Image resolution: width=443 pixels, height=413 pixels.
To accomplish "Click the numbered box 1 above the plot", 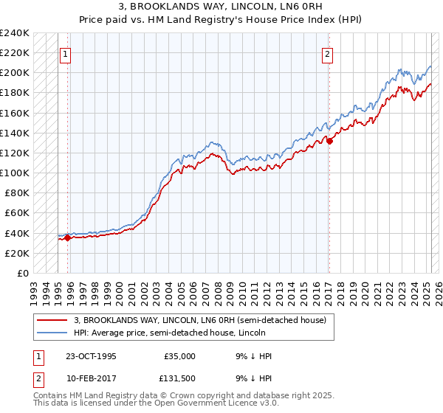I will point(65,53).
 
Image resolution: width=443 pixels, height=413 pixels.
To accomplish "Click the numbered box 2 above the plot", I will point(326,53).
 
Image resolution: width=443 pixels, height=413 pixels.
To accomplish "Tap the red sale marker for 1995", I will point(67,237).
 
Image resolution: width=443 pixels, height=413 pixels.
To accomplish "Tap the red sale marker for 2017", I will point(329,142).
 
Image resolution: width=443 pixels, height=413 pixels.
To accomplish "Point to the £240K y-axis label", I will point(15,32).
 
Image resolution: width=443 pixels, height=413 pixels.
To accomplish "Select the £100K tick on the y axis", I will point(15,173).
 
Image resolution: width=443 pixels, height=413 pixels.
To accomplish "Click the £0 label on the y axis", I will point(22,273).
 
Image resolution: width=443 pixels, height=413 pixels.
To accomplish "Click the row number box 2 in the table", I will point(37,380).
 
